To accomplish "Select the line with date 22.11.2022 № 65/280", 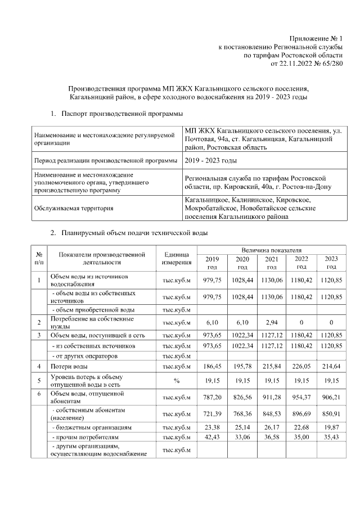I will tap(307, 64).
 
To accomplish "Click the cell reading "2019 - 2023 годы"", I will tap(211, 161).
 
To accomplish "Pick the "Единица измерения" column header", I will tap(177, 258).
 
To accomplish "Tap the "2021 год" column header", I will tap(272, 263).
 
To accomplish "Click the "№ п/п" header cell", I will tap(39, 258).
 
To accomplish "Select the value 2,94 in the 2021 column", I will tap(272, 323).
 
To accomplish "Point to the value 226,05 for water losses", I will tap(301, 366).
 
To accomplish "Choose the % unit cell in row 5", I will tap(177, 380).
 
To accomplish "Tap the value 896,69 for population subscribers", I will tap(301, 415).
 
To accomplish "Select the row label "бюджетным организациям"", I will tap(91, 427).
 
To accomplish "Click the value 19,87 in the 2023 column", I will tap(331, 427).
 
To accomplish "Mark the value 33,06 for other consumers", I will tap(242, 437).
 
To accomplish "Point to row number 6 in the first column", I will tap(39, 394).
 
